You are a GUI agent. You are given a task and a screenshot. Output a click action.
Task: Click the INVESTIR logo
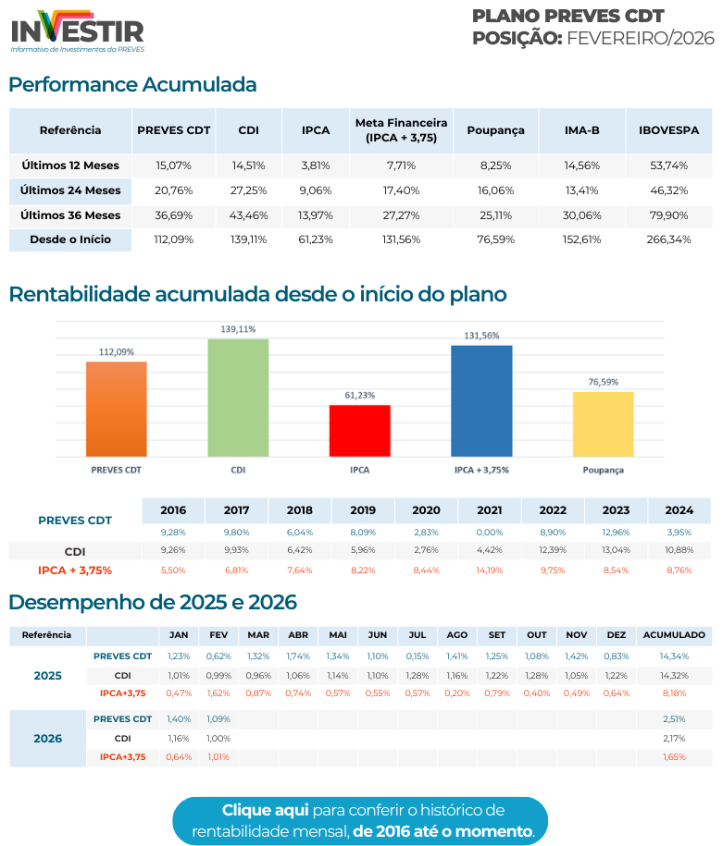[78, 30]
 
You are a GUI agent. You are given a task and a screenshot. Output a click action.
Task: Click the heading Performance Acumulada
[132, 85]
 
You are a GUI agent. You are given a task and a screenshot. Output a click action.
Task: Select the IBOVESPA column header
[668, 130]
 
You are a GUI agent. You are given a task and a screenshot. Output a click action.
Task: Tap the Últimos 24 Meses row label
[70, 190]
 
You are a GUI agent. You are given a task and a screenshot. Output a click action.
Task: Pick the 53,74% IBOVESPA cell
[668, 166]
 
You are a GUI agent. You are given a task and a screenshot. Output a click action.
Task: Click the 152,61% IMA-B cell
[582, 239]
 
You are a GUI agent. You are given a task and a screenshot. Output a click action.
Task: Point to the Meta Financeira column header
[401, 130]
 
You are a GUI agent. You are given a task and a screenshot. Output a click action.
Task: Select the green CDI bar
[238, 398]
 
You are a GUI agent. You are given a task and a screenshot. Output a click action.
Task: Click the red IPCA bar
[359, 431]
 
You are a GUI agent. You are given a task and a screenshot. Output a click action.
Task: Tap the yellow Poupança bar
[603, 424]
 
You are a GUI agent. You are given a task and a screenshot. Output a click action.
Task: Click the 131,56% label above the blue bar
[481, 336]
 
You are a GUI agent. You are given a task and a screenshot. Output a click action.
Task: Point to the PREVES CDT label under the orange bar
[116, 470]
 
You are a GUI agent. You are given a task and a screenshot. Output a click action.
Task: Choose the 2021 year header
[489, 510]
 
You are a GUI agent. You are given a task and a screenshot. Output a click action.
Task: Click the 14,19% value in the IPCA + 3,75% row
[489, 570]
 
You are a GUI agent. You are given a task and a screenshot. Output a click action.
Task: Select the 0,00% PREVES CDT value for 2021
[489, 533]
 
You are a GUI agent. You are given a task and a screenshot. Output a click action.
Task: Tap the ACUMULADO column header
[674, 635]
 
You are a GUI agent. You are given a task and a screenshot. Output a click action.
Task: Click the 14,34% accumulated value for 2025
[674, 656]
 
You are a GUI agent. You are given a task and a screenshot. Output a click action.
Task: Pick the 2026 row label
[48, 739]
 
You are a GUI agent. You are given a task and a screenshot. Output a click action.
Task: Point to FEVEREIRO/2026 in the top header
[641, 38]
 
